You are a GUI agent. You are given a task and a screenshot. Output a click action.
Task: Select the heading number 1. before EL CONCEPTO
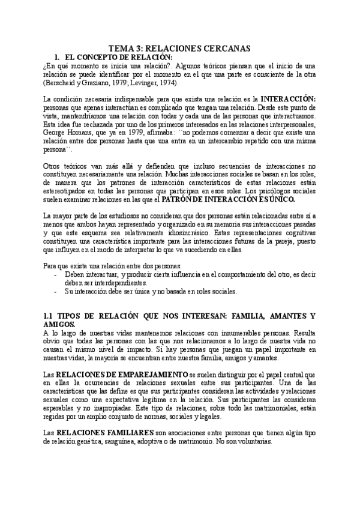(x=57, y=56)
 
